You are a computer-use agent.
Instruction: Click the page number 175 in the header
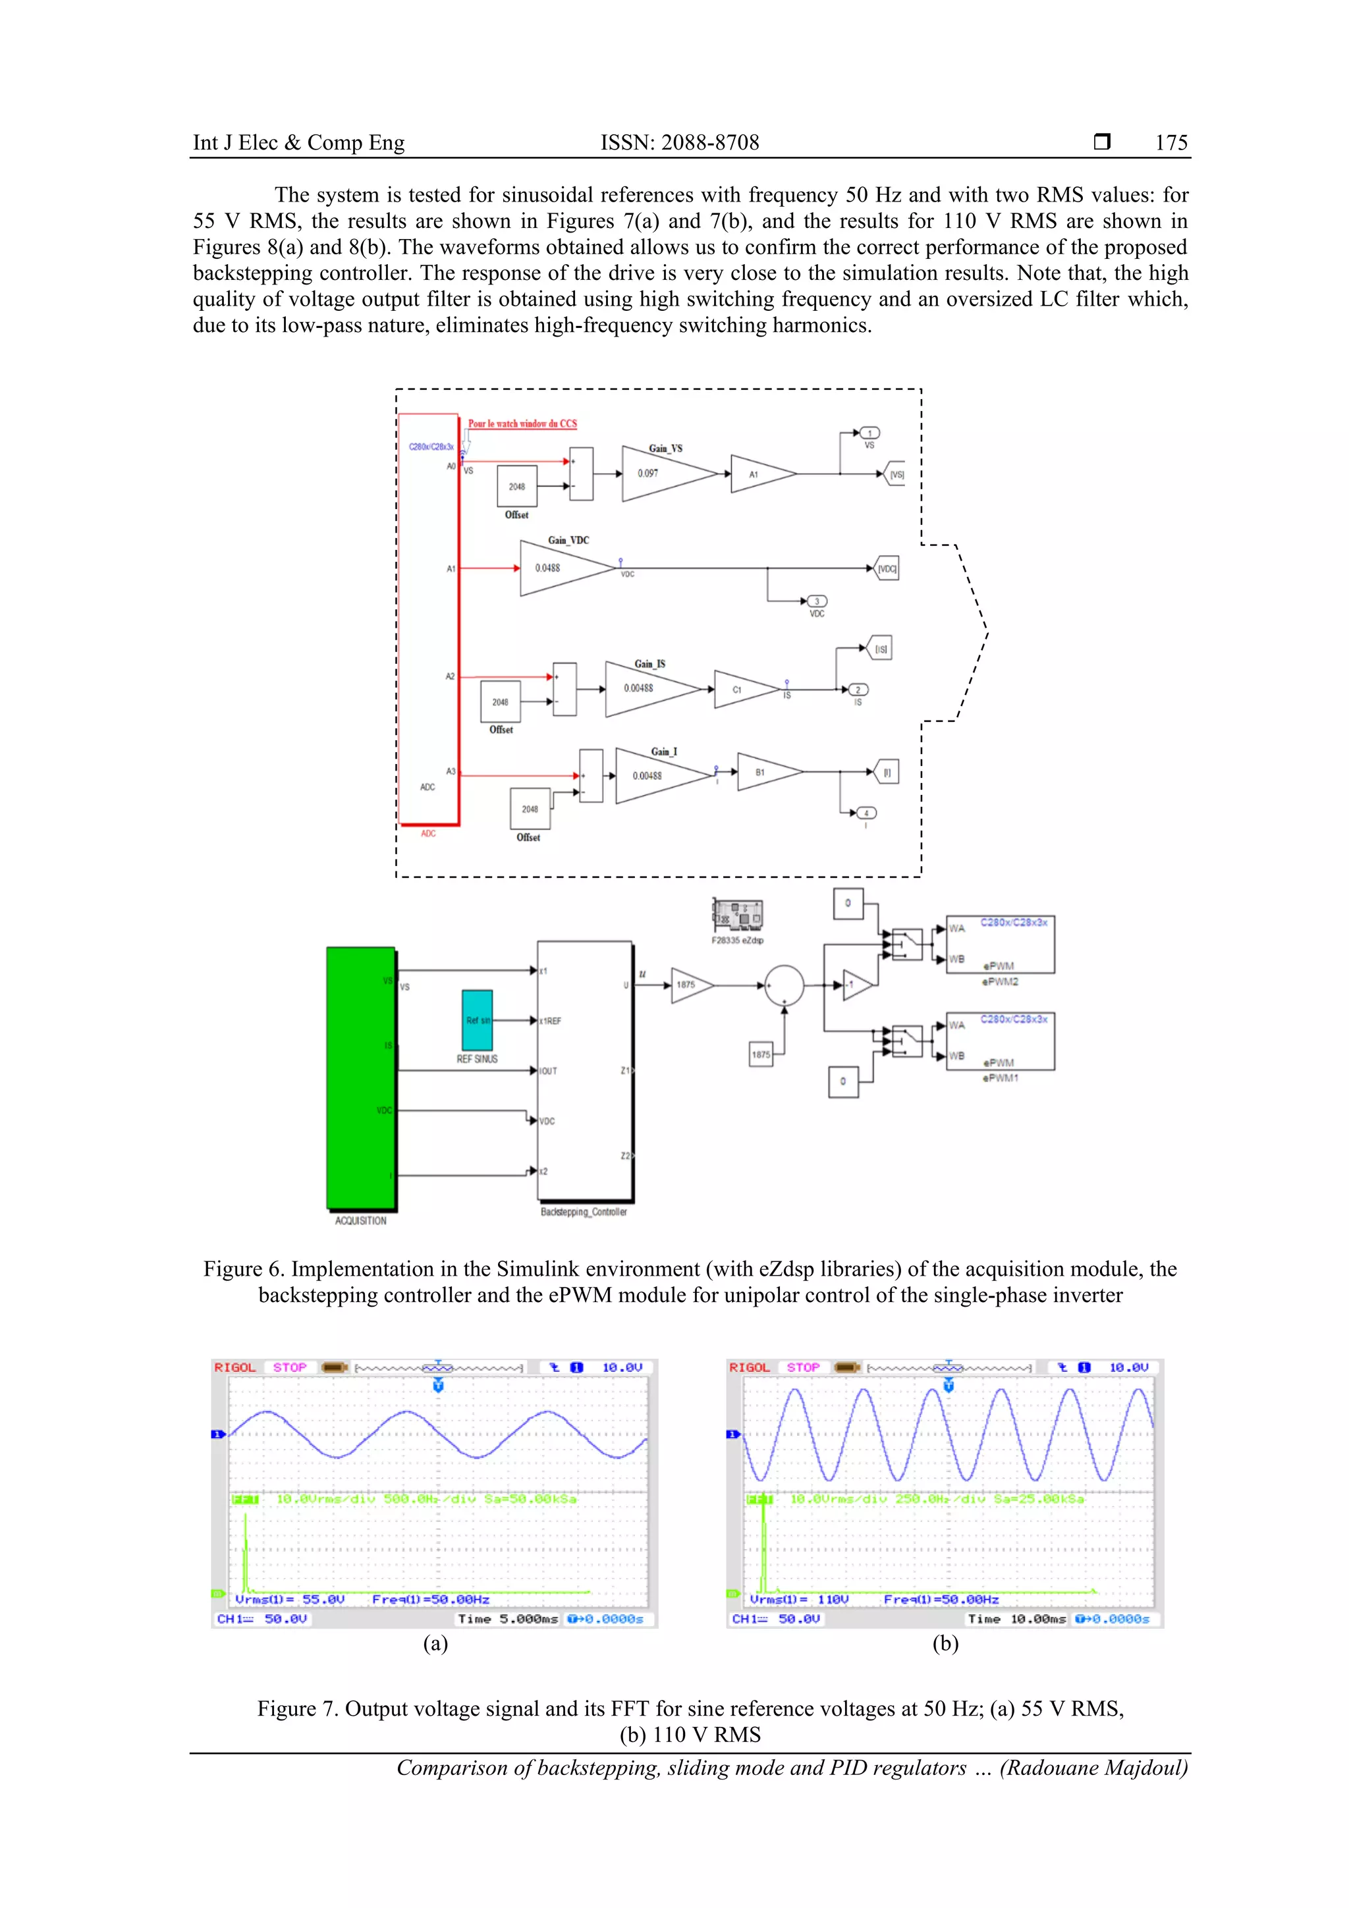tap(1170, 143)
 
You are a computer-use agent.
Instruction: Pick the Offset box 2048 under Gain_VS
tap(517, 486)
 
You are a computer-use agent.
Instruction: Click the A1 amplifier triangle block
tap(758, 474)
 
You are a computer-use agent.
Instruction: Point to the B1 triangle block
tap(764, 773)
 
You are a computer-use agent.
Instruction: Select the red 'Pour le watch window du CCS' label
tap(522, 423)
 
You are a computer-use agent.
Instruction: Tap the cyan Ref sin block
tap(477, 1020)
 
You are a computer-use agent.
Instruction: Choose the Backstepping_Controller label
tap(584, 1213)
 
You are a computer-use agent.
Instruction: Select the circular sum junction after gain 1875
tap(784, 985)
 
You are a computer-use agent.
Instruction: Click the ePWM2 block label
tap(1000, 981)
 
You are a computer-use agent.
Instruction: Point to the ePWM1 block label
tap(1000, 1078)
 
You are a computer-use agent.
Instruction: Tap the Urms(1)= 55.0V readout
tap(289, 1600)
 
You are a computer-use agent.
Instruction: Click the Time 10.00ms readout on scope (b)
tap(1016, 1619)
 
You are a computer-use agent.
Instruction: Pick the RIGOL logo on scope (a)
tap(234, 1368)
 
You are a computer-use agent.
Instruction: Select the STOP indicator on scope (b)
tap(803, 1368)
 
